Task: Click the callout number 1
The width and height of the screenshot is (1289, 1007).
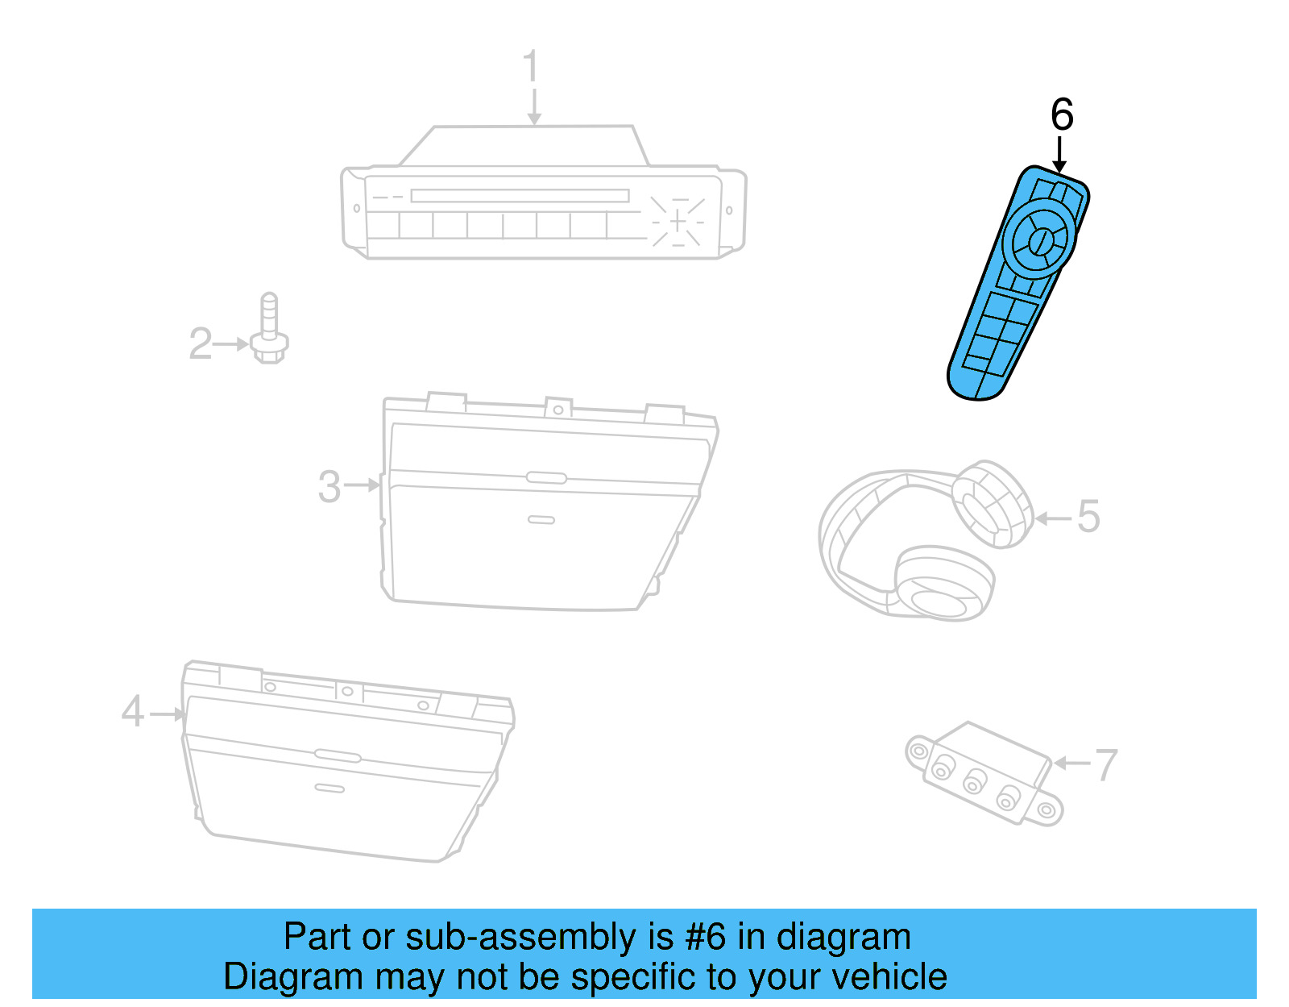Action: point(531,66)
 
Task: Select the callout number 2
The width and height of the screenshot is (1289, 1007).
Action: point(201,343)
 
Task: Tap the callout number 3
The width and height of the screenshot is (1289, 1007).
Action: point(330,487)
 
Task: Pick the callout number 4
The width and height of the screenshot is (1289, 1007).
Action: point(132,712)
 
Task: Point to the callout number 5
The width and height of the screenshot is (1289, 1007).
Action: point(1088,516)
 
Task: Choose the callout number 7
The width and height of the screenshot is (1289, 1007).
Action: point(1106,765)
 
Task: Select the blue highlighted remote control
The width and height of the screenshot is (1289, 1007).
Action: point(1018,283)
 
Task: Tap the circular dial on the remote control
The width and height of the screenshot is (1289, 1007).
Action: point(1039,239)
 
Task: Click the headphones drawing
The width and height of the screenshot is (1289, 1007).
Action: point(926,541)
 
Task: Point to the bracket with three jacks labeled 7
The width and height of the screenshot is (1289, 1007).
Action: point(984,773)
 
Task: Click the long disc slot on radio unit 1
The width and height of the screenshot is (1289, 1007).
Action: point(520,196)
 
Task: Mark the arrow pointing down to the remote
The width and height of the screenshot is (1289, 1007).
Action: point(1059,154)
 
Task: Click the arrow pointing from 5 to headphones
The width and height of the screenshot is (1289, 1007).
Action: point(1053,518)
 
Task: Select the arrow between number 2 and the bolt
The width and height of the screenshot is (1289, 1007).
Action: point(230,344)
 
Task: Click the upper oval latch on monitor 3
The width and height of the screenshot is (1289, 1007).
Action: point(545,477)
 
